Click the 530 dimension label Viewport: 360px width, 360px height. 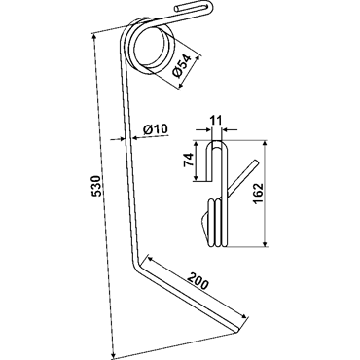tap(97, 186)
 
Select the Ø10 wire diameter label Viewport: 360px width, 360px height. tap(155, 129)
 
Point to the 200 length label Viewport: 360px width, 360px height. tap(197, 281)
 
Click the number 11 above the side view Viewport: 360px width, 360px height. tap(215, 121)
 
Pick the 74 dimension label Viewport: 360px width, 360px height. tap(190, 160)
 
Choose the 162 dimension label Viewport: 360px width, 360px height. tap(258, 194)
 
